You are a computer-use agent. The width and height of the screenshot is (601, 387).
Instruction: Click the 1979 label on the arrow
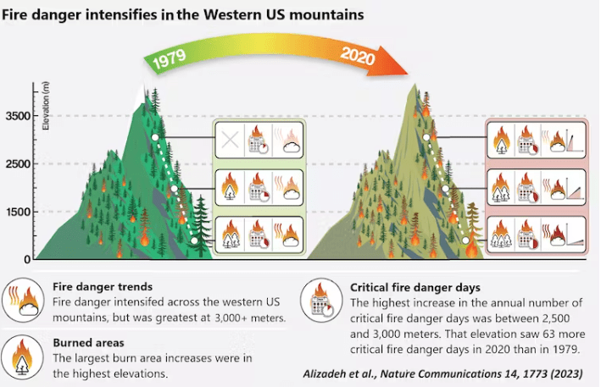point(170,58)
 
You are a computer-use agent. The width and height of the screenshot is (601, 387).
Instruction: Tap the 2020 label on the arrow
point(358,56)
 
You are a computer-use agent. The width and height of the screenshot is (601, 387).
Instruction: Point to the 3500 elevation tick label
point(18,116)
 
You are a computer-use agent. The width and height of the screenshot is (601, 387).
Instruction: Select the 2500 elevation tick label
point(18,163)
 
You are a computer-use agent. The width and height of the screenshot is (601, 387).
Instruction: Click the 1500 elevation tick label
point(18,212)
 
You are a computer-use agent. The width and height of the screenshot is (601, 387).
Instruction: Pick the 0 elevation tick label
point(27,259)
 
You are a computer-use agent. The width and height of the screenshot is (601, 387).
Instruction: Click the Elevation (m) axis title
point(46,106)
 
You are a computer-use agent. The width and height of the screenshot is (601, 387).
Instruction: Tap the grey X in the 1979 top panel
point(230,140)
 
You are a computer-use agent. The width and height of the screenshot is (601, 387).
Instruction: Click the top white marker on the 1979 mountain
point(155,137)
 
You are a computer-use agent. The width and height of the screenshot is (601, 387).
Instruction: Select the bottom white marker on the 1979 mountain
point(194,240)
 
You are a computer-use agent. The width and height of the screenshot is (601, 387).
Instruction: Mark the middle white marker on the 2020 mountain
point(445,188)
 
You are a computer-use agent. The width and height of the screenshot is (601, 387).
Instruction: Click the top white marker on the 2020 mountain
point(426,137)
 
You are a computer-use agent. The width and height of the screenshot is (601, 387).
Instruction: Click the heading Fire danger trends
point(103,287)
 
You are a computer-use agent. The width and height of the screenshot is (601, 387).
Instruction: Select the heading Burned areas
point(88,343)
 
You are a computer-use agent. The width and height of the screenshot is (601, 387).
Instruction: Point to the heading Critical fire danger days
point(415,287)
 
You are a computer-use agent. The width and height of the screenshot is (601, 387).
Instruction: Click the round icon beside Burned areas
point(22,357)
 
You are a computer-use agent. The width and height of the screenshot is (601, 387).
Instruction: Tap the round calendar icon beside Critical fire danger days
point(321,300)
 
